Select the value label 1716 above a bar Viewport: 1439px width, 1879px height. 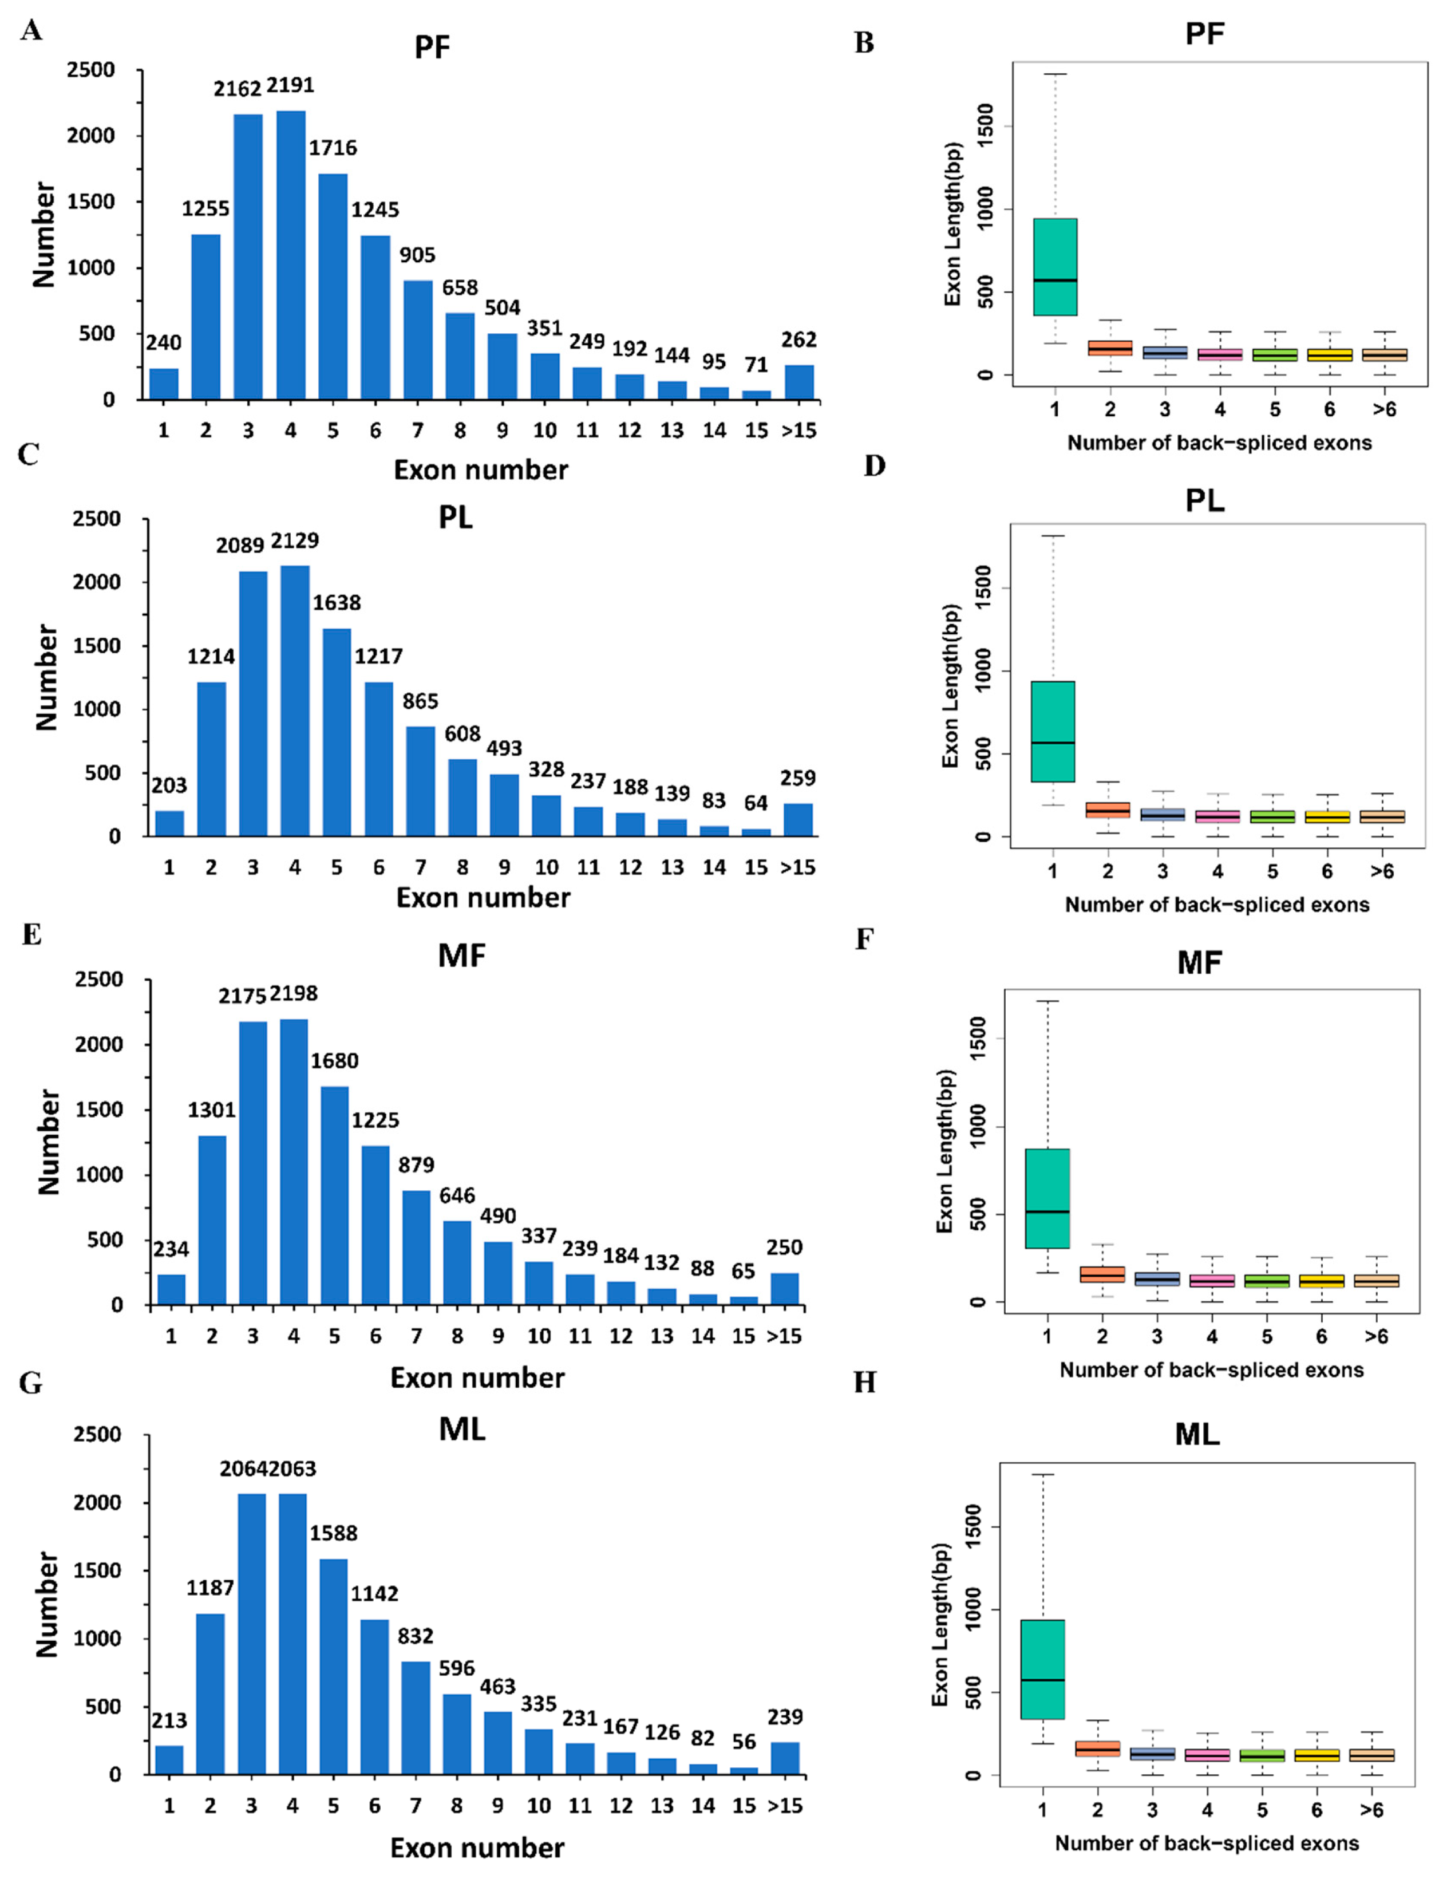point(333,148)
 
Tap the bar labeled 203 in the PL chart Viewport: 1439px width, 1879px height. point(169,823)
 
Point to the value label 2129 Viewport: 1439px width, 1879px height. point(295,540)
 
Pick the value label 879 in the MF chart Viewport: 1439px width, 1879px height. point(416,1164)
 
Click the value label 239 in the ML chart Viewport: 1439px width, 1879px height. point(785,1716)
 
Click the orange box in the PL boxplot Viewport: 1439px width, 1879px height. point(1108,810)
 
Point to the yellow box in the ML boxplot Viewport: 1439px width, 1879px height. point(1317,1755)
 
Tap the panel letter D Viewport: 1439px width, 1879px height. point(875,465)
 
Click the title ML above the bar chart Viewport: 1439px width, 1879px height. point(462,1428)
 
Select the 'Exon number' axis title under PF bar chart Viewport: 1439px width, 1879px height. point(480,469)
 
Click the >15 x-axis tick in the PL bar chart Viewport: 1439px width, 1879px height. point(797,867)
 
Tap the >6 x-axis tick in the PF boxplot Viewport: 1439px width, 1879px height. point(1384,409)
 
